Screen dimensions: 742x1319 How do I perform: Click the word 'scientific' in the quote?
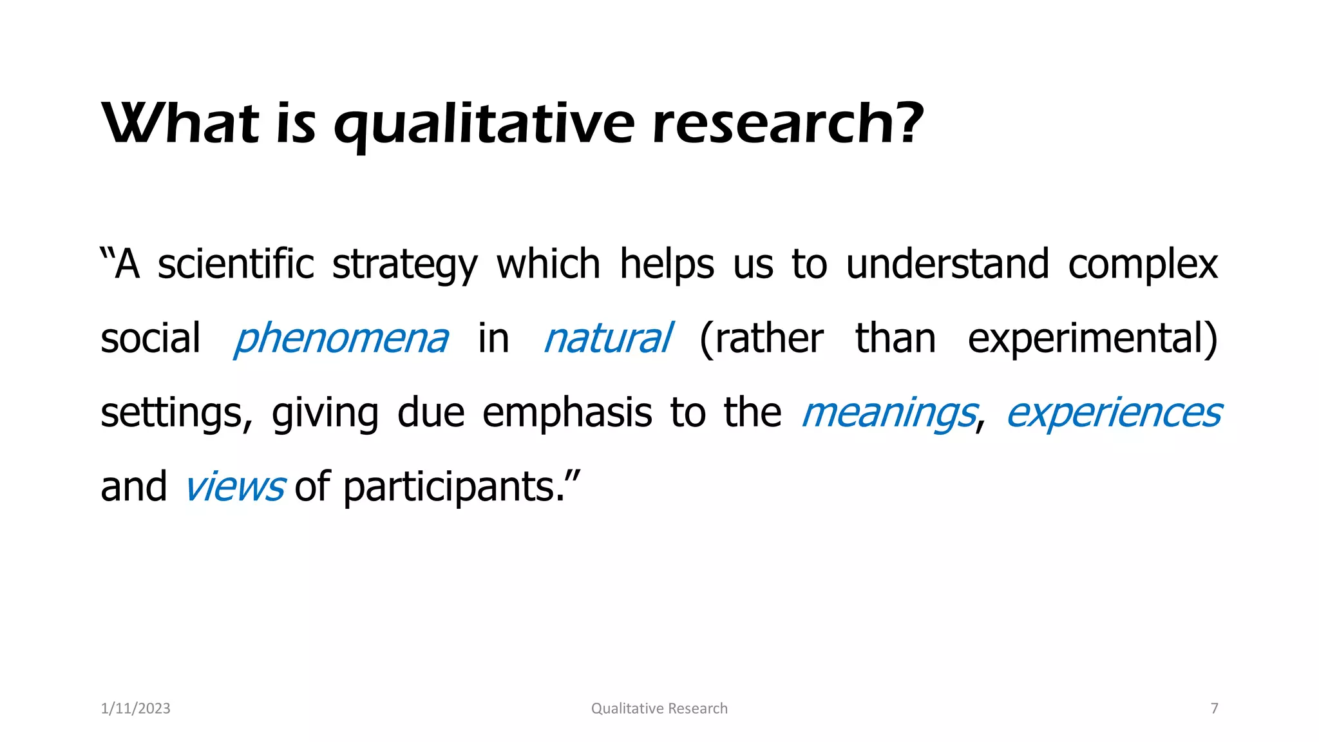pyautogui.click(x=236, y=264)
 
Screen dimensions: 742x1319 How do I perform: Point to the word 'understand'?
pyautogui.click(x=947, y=264)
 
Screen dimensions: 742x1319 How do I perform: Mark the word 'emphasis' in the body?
pyautogui.click(x=567, y=414)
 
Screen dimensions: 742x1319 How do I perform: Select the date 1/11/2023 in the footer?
pyautogui.click(x=136, y=709)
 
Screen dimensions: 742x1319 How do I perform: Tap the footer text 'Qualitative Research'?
pyautogui.click(x=659, y=709)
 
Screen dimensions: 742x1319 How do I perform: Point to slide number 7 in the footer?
pyautogui.click(x=1215, y=709)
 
